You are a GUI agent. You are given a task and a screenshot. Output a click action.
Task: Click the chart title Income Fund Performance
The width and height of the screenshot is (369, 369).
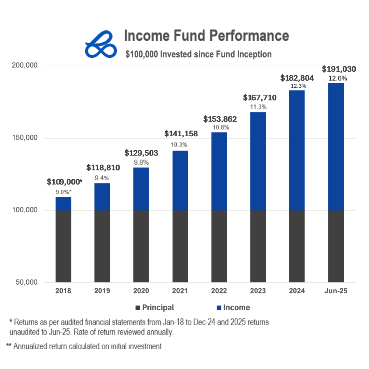pos(206,36)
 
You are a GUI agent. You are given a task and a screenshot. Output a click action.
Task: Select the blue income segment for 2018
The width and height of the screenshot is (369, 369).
pos(63,204)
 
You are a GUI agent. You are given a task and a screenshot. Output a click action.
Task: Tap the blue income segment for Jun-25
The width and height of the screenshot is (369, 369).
pos(336,146)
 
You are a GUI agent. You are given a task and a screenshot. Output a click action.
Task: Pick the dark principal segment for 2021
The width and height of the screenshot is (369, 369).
pos(180,246)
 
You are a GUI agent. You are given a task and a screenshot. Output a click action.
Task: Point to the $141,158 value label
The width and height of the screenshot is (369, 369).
pos(181,134)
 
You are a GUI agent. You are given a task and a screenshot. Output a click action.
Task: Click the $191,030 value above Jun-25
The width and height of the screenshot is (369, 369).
pos(339,69)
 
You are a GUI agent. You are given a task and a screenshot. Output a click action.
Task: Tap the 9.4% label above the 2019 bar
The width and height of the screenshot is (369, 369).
pos(102,178)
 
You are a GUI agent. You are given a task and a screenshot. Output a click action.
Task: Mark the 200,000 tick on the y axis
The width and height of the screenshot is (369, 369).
pos(24,66)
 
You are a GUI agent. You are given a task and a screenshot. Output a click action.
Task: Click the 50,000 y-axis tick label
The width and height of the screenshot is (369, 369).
pos(26,283)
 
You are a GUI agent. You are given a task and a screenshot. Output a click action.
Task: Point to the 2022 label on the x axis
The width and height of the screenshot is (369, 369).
pos(219,291)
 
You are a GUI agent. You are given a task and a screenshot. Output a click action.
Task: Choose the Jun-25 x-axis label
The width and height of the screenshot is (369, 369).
pos(336,291)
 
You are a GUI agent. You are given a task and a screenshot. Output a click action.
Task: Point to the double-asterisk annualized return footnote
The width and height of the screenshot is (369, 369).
pos(84,346)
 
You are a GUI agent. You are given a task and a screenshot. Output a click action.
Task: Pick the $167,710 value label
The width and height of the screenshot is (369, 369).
pos(260,98)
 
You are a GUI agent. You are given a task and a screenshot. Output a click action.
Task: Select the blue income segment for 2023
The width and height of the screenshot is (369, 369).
pos(258,161)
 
